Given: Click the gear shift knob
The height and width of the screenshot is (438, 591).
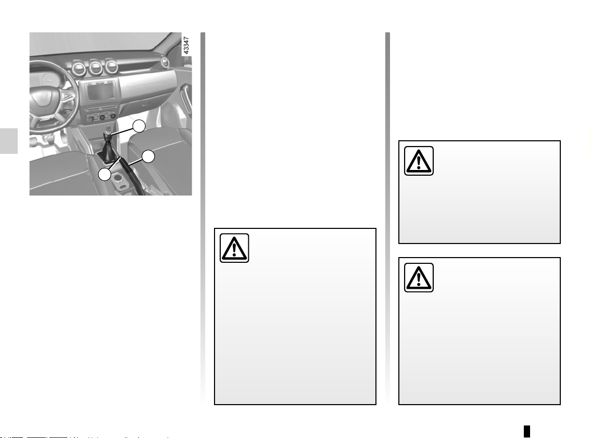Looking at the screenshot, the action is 107,134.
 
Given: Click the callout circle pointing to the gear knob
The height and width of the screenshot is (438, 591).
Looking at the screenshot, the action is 139,126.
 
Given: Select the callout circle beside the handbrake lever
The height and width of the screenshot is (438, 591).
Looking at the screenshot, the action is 148,156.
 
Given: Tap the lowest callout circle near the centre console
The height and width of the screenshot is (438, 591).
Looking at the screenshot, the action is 105,175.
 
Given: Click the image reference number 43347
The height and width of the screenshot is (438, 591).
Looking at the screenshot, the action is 186,45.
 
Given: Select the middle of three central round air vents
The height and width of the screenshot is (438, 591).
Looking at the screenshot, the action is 96,67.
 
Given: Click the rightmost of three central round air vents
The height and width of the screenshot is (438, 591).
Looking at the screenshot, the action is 111,66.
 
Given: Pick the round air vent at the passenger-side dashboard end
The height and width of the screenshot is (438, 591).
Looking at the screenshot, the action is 165,62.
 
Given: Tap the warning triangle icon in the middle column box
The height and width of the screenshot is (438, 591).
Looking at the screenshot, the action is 234,248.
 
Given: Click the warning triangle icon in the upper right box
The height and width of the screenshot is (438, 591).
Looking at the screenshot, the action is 419,161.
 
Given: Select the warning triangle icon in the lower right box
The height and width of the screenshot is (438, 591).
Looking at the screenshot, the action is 419,277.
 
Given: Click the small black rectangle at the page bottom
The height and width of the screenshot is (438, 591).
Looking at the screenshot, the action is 527,431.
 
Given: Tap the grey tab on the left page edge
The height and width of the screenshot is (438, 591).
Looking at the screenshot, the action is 9,141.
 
